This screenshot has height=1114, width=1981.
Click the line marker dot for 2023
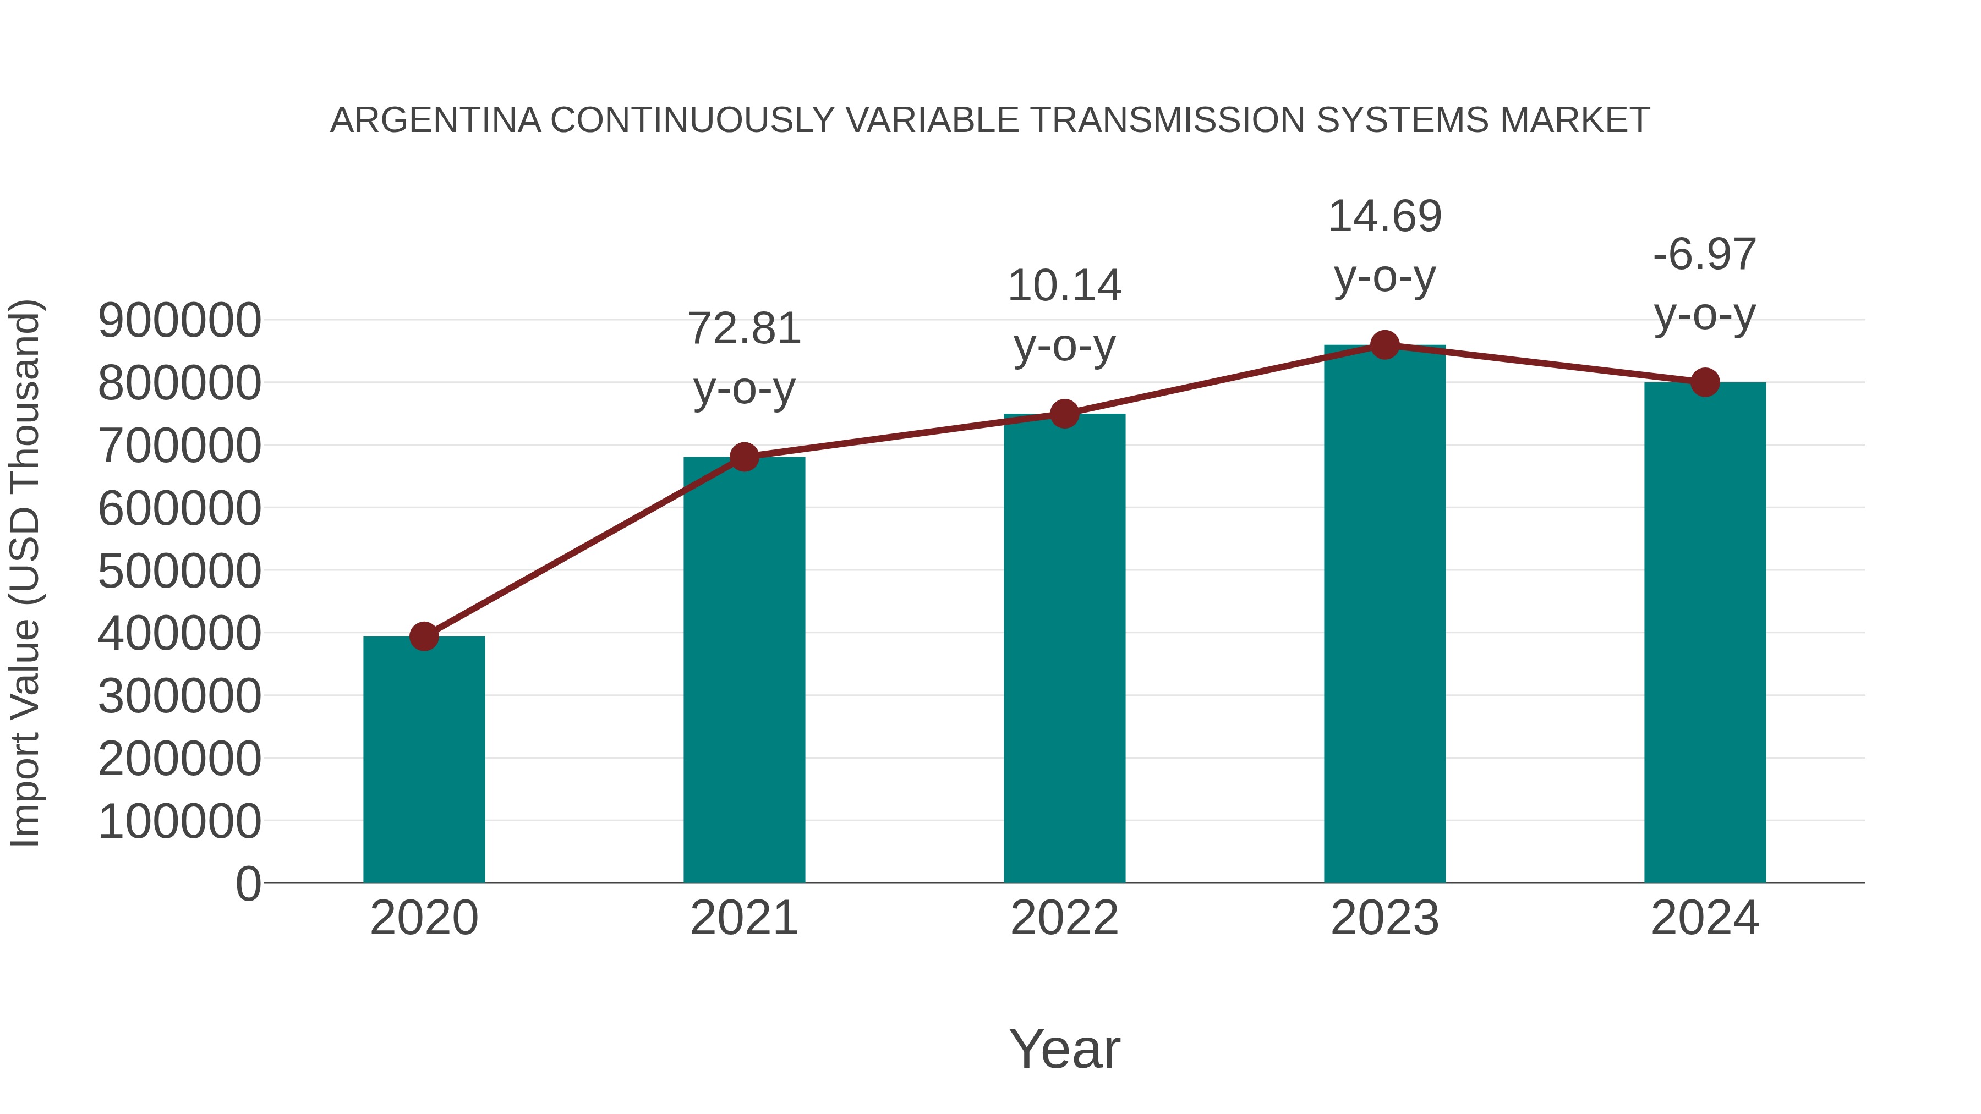(1384, 345)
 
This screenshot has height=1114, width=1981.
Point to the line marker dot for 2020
(424, 636)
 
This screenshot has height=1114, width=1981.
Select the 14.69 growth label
(1384, 217)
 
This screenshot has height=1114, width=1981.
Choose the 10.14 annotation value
(1064, 286)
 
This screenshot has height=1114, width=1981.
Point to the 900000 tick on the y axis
(179, 321)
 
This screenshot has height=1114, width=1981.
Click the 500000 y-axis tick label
(179, 571)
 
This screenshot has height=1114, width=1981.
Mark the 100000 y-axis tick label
(179, 821)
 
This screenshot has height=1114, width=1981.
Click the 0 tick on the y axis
(248, 884)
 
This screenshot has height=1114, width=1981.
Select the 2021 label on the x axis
(743, 918)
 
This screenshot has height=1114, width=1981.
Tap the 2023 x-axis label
(1384, 918)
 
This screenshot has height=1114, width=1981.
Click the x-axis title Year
(1064, 1049)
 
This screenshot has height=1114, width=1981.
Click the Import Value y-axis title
(25, 573)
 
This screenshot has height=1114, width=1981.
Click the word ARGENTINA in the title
(435, 120)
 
